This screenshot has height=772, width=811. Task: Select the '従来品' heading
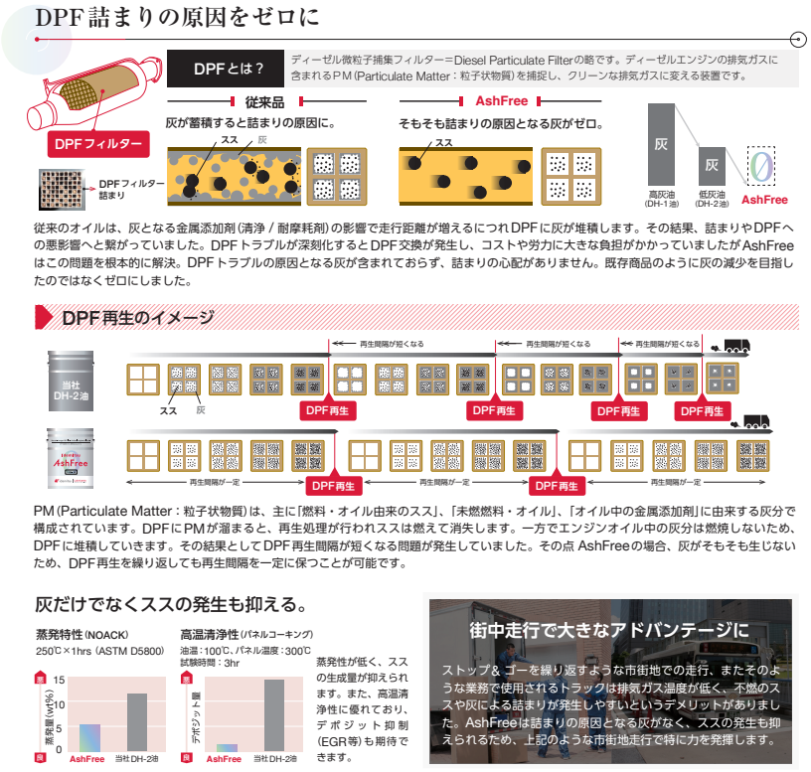(264, 101)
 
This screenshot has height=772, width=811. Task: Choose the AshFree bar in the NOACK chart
(90, 736)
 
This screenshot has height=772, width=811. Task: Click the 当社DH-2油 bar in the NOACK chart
(136, 721)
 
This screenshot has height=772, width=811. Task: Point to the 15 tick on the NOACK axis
(60, 680)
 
